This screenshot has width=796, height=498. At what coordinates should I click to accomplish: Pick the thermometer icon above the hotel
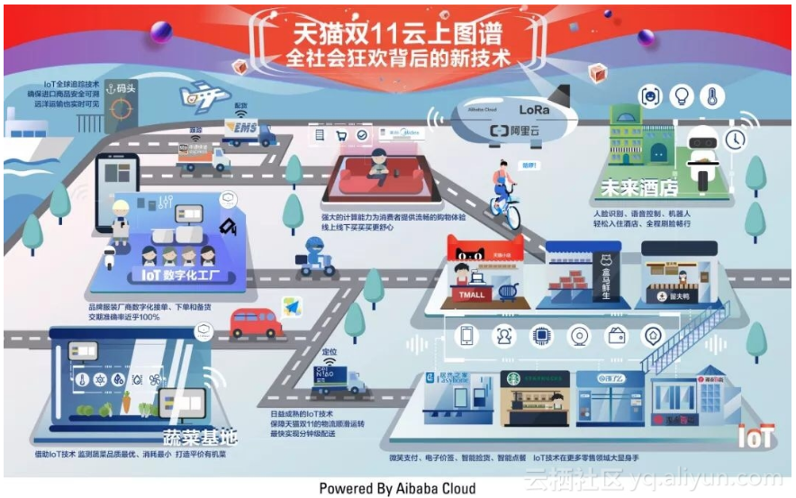click(x=711, y=96)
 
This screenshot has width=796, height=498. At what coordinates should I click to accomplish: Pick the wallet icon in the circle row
click(x=617, y=337)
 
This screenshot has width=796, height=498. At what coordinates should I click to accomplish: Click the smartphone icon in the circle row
click(x=467, y=337)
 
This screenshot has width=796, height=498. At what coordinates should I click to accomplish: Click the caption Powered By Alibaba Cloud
click(x=396, y=487)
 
